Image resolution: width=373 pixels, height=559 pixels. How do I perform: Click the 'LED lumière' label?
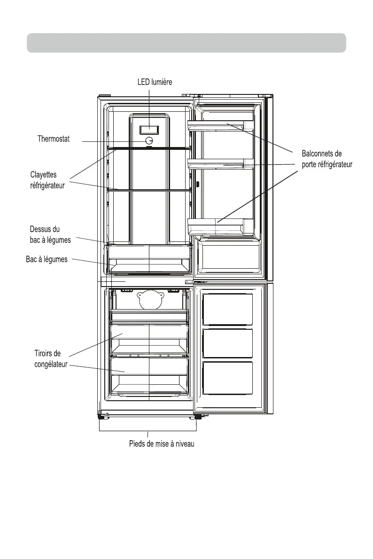(155, 82)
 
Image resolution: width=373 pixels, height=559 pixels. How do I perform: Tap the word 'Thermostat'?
(54, 139)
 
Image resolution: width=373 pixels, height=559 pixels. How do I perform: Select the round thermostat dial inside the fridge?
(149, 140)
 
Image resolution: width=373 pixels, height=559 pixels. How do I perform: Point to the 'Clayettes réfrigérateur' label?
(47, 180)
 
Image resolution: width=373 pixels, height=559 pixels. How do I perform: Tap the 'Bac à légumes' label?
(47, 259)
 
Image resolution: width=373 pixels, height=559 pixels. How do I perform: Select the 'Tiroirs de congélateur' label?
(51, 358)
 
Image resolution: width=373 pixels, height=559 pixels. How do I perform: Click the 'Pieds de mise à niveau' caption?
(162, 444)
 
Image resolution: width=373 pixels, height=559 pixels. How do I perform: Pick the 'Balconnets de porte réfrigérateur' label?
(326, 159)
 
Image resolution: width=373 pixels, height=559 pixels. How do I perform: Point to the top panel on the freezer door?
(228, 309)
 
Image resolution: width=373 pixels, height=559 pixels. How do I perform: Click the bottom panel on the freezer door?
(228, 378)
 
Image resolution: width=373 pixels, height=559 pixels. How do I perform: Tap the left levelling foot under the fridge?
(101, 416)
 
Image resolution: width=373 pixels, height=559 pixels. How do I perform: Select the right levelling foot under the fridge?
(198, 416)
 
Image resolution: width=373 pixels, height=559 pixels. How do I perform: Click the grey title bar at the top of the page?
(186, 43)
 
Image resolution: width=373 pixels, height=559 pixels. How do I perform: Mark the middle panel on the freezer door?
(228, 343)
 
